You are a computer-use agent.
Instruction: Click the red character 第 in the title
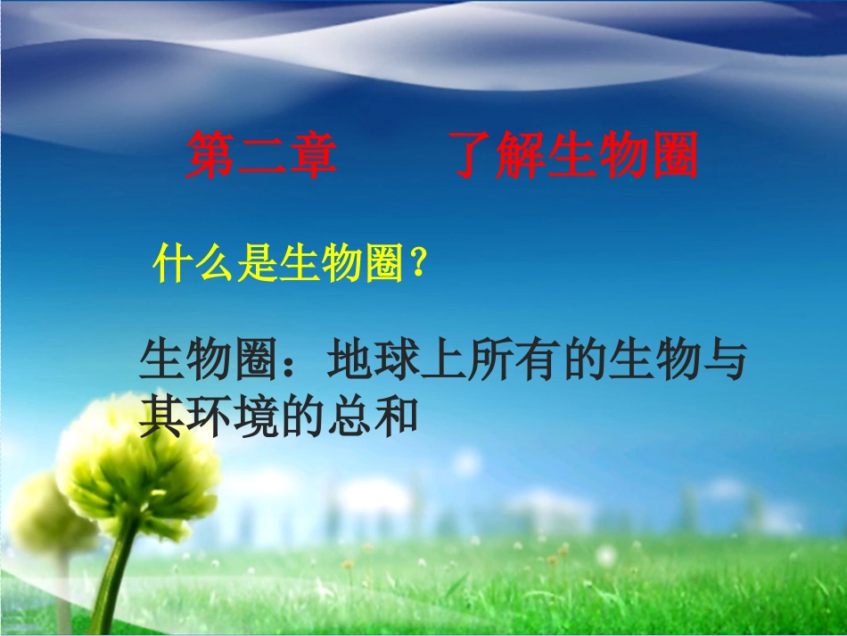pos(211,157)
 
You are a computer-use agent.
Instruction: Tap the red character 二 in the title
pos(262,157)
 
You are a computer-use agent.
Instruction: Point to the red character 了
pos(472,157)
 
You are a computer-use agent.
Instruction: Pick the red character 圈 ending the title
pos(671,157)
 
